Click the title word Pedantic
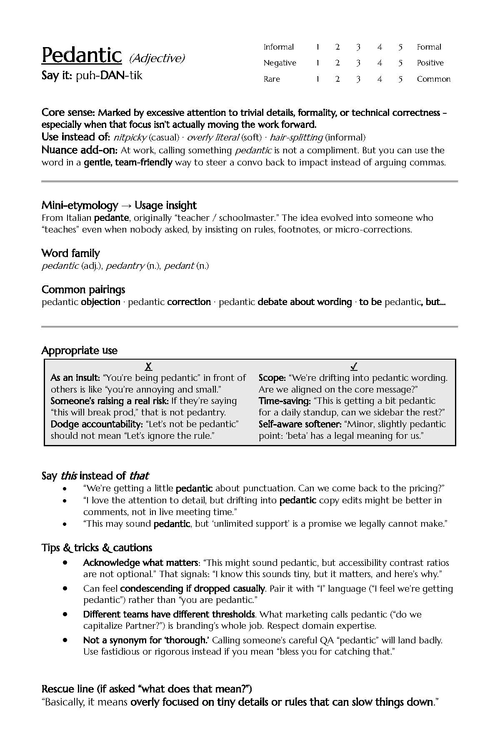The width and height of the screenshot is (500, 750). coord(82,55)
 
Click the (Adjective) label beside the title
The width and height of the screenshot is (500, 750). coord(157,58)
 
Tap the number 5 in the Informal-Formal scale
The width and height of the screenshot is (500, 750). coord(400,47)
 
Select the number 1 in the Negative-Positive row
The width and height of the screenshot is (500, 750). coord(317,63)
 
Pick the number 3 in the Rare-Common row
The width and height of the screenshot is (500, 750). coord(358,79)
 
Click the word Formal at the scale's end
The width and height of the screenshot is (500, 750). coord(429,47)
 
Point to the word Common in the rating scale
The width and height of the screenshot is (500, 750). coord(433,79)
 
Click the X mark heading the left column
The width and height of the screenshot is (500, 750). coord(148,367)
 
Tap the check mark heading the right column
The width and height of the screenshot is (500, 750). coord(354,367)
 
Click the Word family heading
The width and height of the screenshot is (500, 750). coord(70,253)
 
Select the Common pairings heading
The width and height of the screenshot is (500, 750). coord(83,290)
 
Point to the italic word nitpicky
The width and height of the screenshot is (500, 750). coord(130,137)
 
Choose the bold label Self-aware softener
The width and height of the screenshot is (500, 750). coord(300,424)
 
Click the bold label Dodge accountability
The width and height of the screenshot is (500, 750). coord(96,424)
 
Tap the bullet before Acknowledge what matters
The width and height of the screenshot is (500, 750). coord(65,562)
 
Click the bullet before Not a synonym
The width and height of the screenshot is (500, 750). coord(65,640)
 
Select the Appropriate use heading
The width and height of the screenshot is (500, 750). coord(80,351)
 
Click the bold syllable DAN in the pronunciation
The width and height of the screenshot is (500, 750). coord(111,76)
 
